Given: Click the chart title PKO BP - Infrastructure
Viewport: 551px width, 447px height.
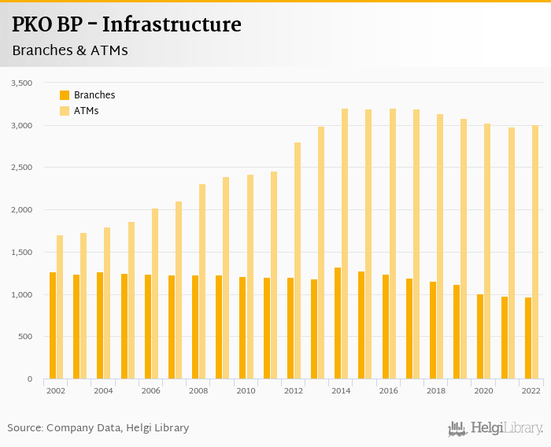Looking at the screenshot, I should coord(127,25).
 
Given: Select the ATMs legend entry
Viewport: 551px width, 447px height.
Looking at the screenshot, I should coord(86,111).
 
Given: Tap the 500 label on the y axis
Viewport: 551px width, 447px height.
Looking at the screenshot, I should coord(24,337).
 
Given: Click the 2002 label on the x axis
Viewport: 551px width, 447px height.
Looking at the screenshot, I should coord(56,391).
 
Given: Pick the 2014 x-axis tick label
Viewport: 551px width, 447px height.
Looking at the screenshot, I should coord(341,391).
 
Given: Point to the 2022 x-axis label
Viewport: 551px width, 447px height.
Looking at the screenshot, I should coord(531,391).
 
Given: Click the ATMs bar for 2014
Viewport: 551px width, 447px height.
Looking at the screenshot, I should coord(344,244).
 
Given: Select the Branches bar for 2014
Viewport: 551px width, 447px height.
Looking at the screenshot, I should coord(337,323).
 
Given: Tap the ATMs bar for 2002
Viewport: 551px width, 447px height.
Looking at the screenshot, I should coord(60,307).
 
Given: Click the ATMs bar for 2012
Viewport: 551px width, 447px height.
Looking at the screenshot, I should coord(297,260).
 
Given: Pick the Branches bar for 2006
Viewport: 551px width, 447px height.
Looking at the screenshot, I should coord(147,327).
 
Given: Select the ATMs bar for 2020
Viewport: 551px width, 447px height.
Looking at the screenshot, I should coord(486,251).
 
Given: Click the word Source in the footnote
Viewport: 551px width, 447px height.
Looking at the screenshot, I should coord(24,428).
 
